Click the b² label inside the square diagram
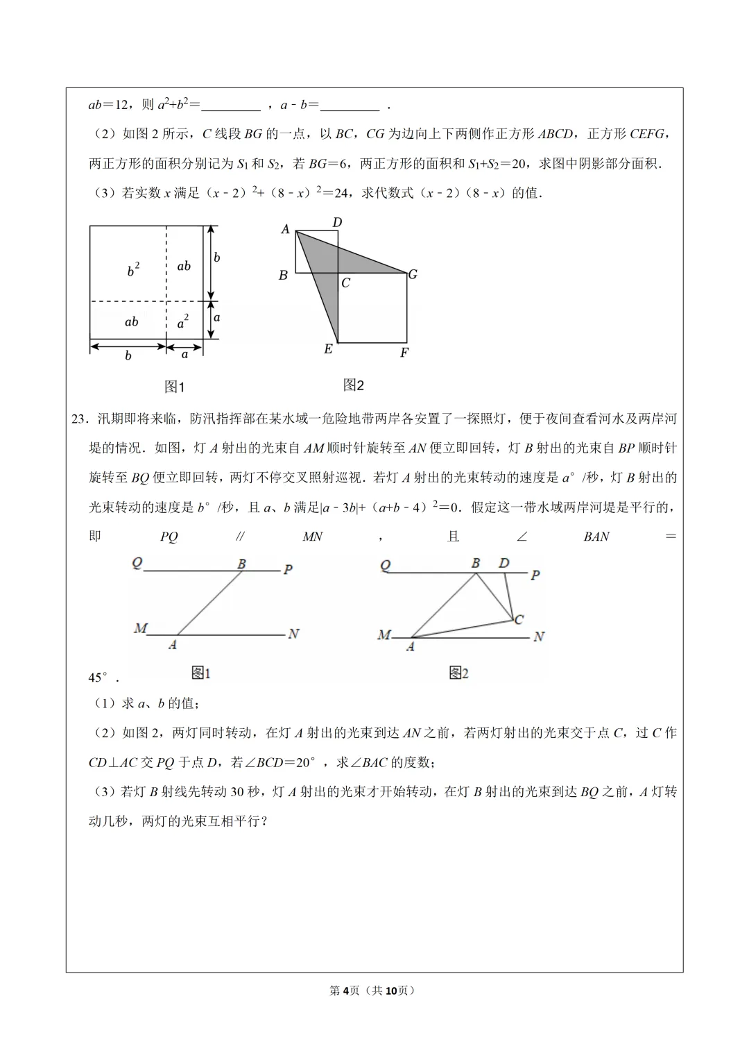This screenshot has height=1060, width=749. coord(133,270)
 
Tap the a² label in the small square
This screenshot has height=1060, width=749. coord(183,322)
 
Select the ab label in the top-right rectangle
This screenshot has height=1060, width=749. coord(184,266)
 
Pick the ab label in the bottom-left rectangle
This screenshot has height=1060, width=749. coord(131,321)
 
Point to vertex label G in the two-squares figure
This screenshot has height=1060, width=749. coord(413,274)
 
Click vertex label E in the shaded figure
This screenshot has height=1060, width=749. coord(328,349)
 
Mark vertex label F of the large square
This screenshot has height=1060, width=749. coord(404,353)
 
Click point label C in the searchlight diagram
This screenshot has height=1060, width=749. coord(519,619)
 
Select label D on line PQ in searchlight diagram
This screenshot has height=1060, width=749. coord(504,563)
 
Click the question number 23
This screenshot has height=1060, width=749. coord(80,419)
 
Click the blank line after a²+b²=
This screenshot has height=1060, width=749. coord(231,106)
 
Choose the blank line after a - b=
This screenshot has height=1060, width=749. coord(350,106)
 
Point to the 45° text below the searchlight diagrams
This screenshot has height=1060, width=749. coord(99,678)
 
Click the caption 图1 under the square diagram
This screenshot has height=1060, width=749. coord(174,387)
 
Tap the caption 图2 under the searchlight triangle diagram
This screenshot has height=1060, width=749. coord(458,673)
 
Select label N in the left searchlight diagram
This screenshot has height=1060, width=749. coord(293,633)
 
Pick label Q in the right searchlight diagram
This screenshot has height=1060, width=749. coord(386,566)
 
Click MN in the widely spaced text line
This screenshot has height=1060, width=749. coord(313,537)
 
